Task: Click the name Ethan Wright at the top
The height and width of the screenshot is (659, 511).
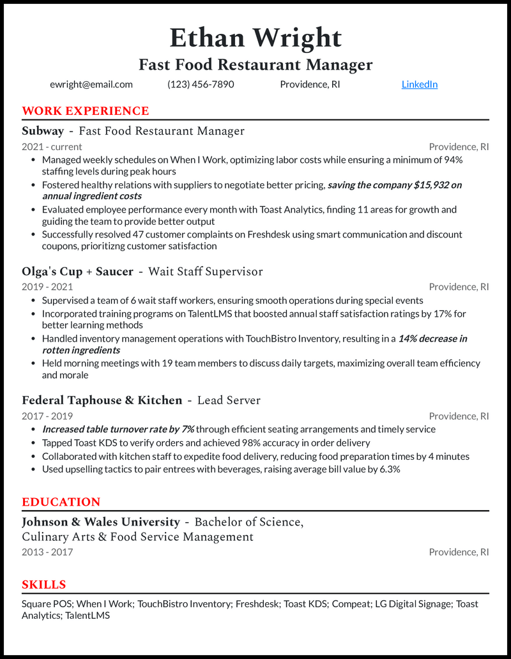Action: pos(256,38)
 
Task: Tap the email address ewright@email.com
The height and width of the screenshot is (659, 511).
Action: pos(91,84)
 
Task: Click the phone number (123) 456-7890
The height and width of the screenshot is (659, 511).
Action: pos(201,84)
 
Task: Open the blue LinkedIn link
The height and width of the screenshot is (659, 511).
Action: pos(420,84)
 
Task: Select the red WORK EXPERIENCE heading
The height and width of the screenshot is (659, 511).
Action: pos(86,111)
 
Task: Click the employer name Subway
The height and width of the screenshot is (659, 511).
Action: pos(43,131)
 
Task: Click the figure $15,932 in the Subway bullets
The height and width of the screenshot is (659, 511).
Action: pos(431,185)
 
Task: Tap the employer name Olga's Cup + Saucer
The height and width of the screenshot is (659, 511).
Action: pos(77,271)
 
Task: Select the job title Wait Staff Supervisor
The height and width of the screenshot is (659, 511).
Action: pos(206,271)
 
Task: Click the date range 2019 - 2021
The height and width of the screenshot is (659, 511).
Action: pos(47,287)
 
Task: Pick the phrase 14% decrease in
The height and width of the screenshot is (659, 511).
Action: pos(432,338)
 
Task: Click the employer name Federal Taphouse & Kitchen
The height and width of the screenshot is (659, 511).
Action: pos(102,400)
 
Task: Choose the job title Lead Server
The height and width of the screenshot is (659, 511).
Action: pos(229,400)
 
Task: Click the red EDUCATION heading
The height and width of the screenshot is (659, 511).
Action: pos(61,502)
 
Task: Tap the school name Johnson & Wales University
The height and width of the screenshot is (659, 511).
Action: pos(101,522)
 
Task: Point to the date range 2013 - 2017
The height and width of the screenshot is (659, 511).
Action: pos(47,552)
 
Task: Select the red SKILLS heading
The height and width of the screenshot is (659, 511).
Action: pos(44,585)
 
